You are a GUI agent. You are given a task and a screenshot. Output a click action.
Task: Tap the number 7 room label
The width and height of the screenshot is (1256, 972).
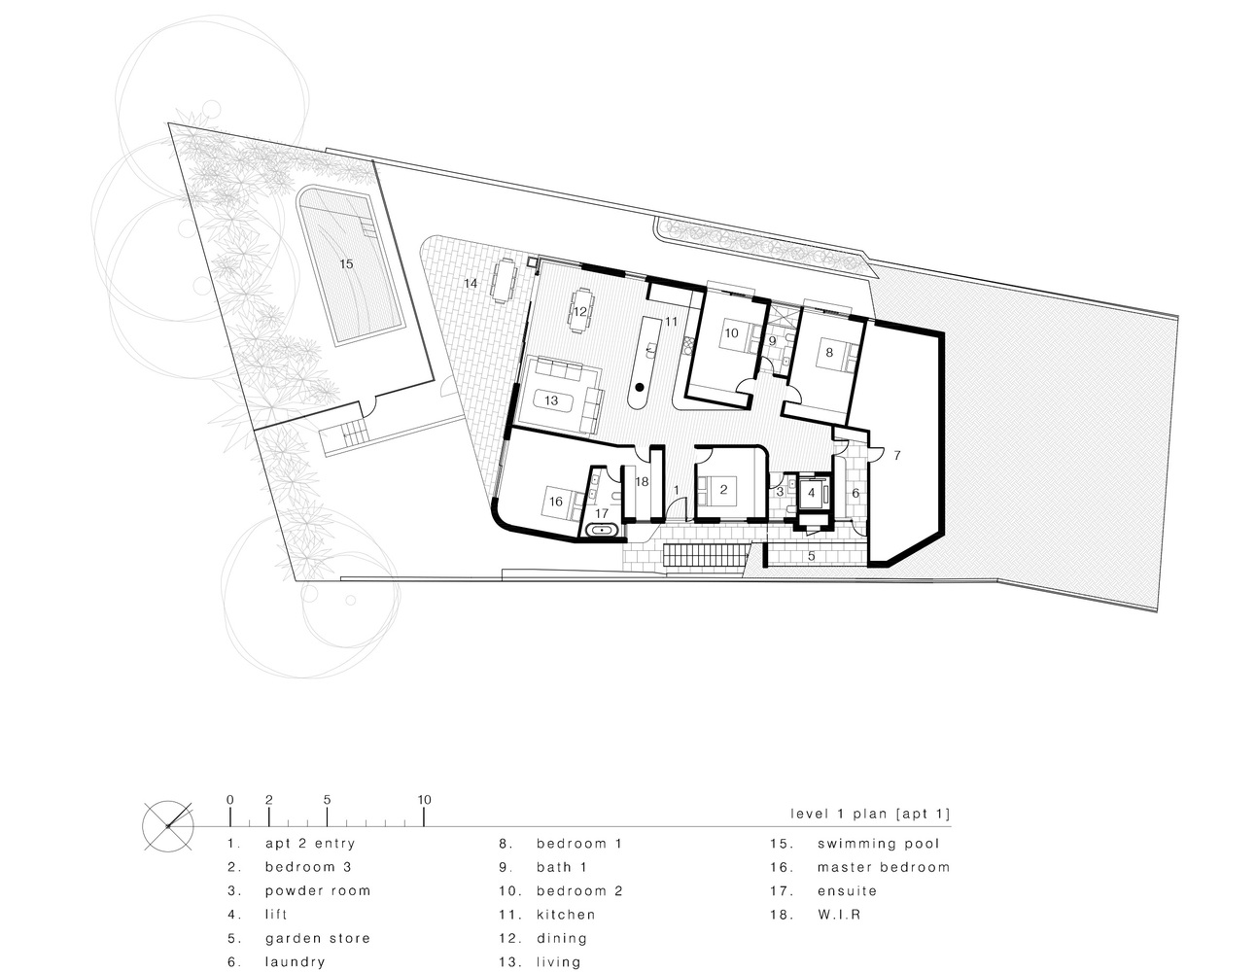897,454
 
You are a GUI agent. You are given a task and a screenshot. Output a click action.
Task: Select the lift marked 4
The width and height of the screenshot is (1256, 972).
811,493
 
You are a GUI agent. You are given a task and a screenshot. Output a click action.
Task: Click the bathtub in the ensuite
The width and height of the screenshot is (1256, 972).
604,530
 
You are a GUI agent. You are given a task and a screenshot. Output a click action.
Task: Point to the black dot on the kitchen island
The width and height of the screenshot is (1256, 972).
640,389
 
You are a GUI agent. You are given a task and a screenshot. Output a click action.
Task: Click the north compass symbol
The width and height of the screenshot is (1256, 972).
168,825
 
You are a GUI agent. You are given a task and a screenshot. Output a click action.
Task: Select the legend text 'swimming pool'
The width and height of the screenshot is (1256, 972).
878,844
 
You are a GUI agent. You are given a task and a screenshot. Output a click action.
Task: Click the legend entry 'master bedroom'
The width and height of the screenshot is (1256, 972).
883,867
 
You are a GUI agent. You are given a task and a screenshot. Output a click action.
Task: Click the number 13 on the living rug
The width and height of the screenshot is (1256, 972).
551,399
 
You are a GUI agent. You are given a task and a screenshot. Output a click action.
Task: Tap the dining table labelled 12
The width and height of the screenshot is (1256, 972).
580,309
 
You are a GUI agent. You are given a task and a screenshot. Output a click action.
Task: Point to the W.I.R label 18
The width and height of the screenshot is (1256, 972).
642,481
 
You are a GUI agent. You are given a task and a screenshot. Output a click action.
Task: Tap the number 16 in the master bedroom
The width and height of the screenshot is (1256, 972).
556,502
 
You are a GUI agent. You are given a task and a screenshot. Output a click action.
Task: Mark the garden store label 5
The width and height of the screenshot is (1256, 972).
812,556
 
